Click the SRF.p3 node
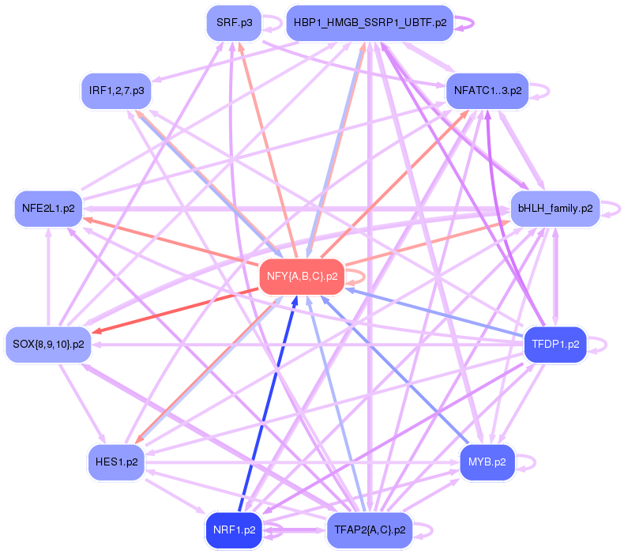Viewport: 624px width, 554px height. click(x=234, y=23)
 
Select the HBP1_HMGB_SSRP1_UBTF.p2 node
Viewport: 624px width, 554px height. click(x=370, y=23)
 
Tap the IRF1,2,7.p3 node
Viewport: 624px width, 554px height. click(x=116, y=91)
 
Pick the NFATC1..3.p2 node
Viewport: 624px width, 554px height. click(x=487, y=91)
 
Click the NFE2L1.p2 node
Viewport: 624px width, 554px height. click(x=48, y=209)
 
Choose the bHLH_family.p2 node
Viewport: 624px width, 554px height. click(x=555, y=209)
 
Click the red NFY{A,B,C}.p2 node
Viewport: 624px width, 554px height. click(x=302, y=277)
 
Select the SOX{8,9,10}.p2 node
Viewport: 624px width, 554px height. click(x=48, y=345)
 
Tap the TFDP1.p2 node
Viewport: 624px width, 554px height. click(x=555, y=345)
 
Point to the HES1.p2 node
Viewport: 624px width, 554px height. click(x=116, y=462)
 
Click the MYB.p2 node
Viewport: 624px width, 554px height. click(x=487, y=462)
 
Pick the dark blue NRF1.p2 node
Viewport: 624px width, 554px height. click(x=234, y=530)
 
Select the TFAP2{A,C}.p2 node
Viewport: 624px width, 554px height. click(x=370, y=530)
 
